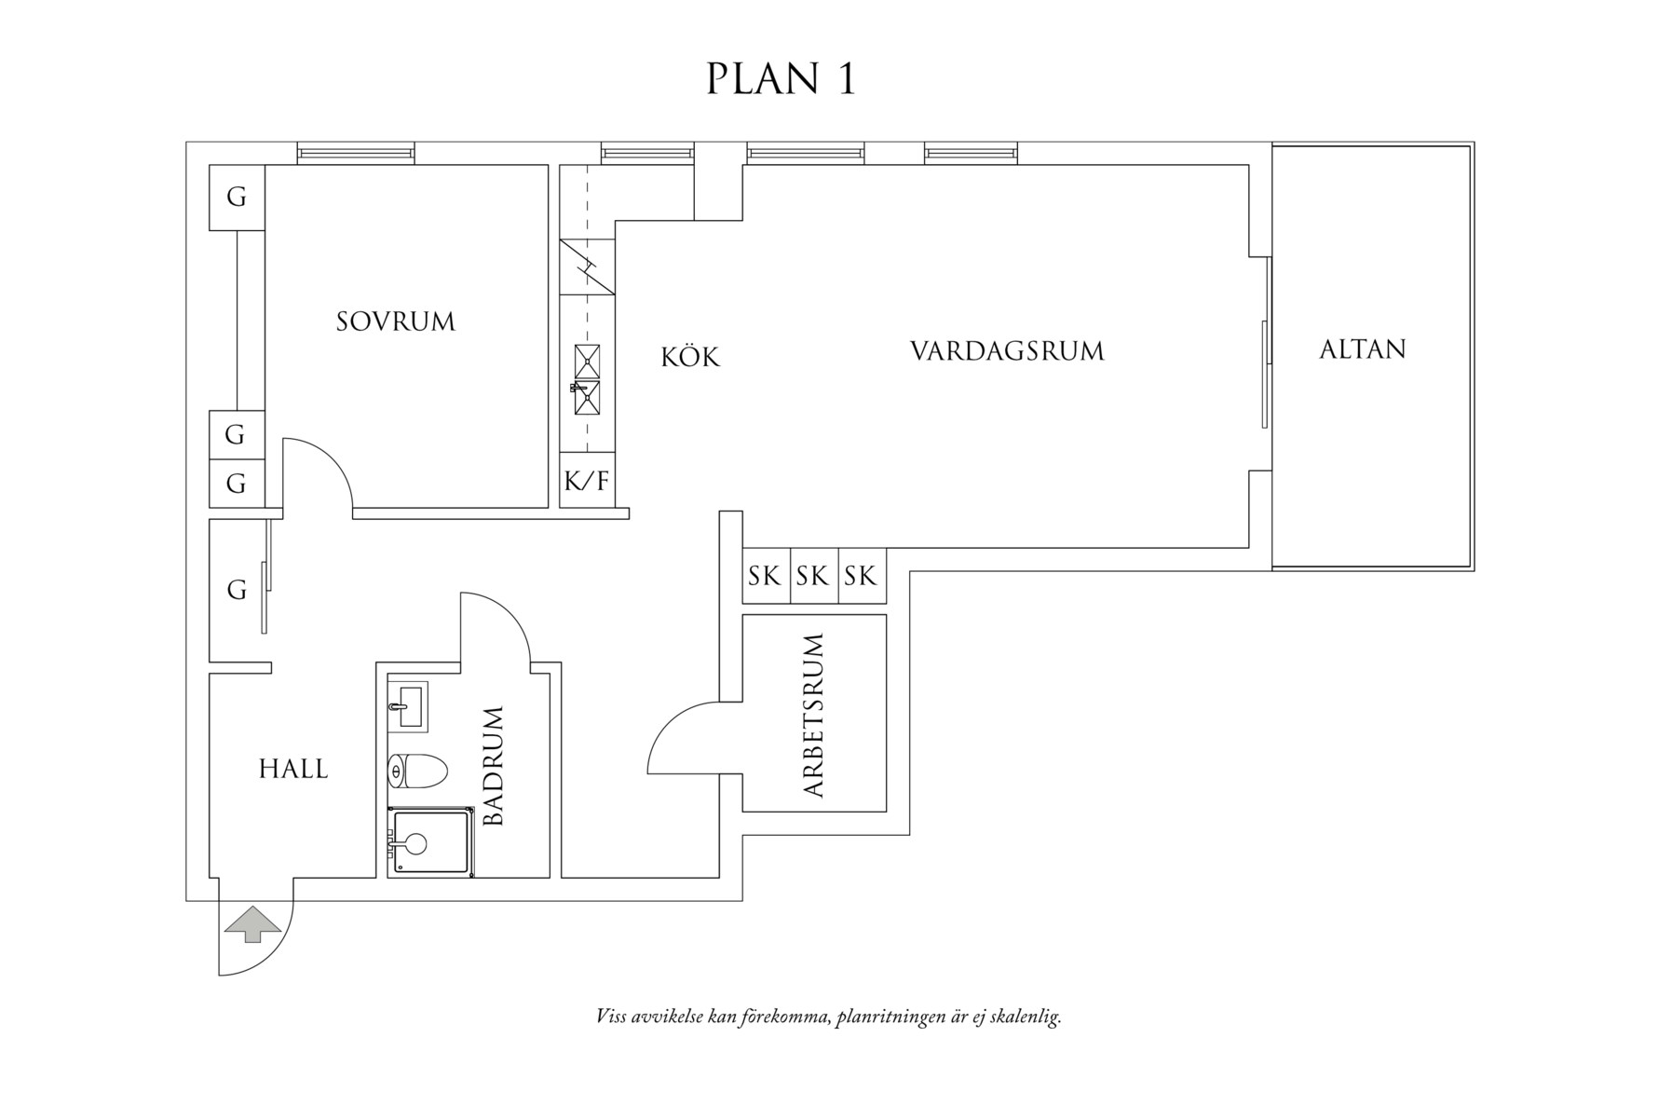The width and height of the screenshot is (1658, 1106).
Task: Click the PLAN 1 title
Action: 781,79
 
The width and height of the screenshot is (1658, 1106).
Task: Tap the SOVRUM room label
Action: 396,322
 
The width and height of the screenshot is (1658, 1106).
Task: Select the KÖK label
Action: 690,358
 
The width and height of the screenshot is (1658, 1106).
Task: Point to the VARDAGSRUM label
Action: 1007,352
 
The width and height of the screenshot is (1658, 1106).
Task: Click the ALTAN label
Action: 1362,349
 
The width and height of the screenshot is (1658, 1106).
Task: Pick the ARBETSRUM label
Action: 813,716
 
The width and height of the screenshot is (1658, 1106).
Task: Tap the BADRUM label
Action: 494,766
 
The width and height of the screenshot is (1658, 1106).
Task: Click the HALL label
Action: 293,770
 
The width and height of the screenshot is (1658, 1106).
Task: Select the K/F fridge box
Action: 587,482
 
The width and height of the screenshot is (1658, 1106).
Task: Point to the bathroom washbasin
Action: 407,706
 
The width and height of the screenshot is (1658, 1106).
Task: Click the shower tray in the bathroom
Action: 429,843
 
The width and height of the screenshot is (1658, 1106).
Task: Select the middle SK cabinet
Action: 813,577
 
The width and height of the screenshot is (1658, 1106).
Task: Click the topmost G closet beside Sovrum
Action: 237,198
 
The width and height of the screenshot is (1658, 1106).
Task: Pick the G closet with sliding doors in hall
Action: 237,591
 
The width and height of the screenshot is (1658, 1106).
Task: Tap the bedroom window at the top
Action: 356,154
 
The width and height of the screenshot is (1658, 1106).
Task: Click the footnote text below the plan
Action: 828,1017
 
